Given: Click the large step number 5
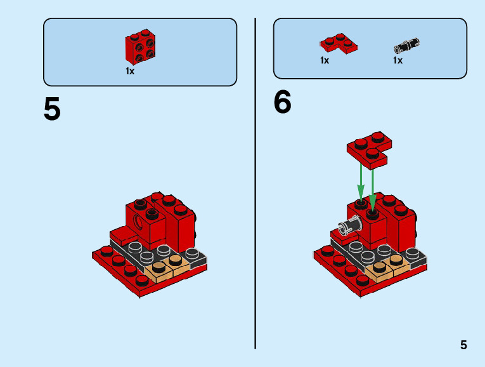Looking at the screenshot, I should (x=52, y=109).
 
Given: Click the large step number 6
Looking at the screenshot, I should (x=282, y=103).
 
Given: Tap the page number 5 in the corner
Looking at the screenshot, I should (x=463, y=345).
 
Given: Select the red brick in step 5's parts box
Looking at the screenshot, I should (x=140, y=48).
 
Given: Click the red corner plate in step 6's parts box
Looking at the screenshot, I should (x=338, y=44).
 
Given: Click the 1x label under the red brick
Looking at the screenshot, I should (x=130, y=71).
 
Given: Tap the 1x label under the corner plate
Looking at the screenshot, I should (x=325, y=61).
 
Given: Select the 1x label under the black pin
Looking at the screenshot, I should (x=398, y=61).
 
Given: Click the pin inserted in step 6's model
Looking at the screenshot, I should (x=349, y=225).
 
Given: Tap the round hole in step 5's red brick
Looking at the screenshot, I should (x=139, y=222).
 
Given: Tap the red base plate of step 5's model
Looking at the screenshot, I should (x=120, y=270).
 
